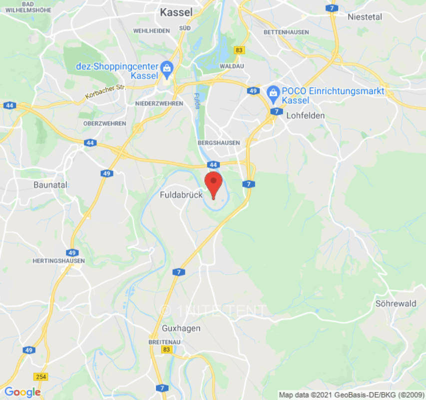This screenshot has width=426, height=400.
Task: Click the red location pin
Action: pos(214,183)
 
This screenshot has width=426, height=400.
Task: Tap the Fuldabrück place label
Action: pos(181,194)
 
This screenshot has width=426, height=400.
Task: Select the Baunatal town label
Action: pos(50,184)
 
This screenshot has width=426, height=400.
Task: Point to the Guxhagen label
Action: pos(181,328)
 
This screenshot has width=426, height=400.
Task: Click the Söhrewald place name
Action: pos(396,303)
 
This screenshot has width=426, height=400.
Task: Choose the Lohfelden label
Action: pos(306,115)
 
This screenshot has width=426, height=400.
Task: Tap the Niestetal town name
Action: pos(365,17)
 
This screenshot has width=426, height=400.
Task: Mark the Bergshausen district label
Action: pos(219,143)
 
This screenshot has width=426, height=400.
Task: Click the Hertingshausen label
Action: pos(58,261)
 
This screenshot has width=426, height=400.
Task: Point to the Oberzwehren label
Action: pos(105,123)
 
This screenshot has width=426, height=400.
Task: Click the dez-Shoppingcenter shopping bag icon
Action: pos(167,66)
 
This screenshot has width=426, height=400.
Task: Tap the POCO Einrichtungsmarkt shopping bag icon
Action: pos(273,91)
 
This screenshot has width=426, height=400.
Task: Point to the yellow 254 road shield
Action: pos(41,376)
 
